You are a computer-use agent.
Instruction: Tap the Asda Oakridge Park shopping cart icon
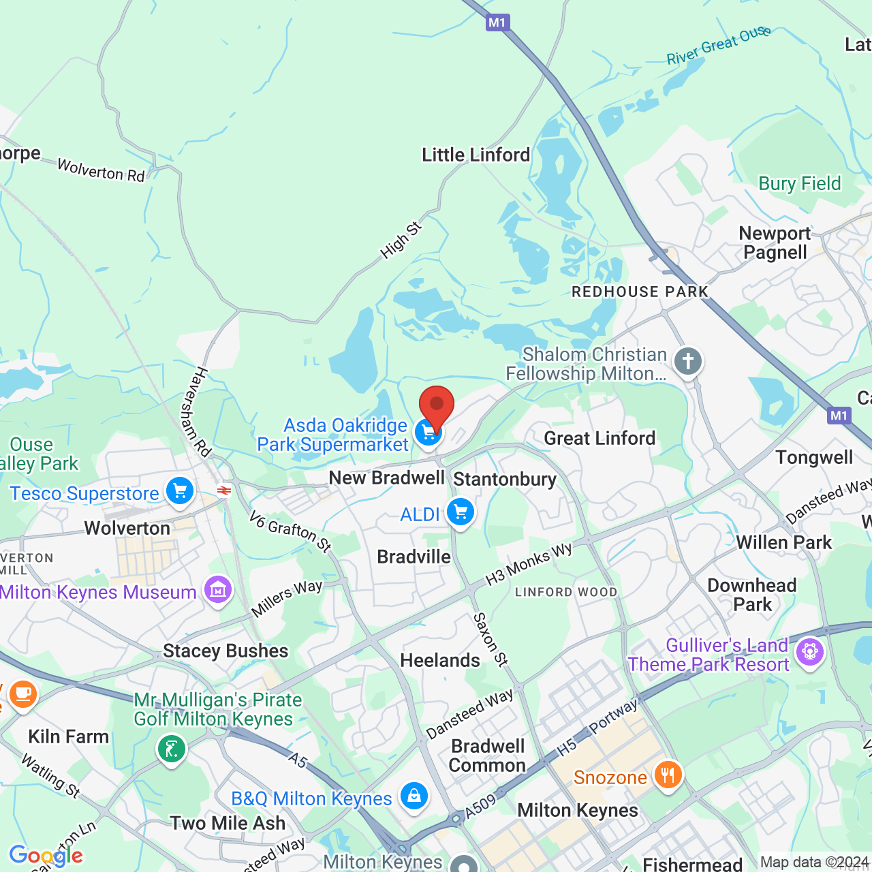pyautogui.click(x=428, y=433)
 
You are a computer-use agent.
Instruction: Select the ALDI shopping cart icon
pyautogui.click(x=461, y=512)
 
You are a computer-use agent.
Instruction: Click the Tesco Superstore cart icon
pyautogui.click(x=180, y=490)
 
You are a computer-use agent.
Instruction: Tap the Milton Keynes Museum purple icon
pyautogui.click(x=218, y=590)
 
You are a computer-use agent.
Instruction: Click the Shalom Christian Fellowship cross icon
pyautogui.click(x=688, y=361)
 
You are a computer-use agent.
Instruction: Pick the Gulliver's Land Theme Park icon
pyautogui.click(x=809, y=652)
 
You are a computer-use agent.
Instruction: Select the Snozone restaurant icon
pyautogui.click(x=668, y=775)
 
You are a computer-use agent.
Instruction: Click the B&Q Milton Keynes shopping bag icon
pyautogui.click(x=414, y=796)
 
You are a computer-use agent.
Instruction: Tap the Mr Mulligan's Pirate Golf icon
pyautogui.click(x=171, y=749)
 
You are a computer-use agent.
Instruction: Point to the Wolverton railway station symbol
pyautogui.click(x=223, y=490)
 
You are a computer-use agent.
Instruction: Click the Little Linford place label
pyautogui.click(x=476, y=155)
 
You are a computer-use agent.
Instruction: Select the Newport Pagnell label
pyautogui.click(x=775, y=243)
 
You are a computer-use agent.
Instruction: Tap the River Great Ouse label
pyautogui.click(x=718, y=46)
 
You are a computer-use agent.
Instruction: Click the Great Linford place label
pyautogui.click(x=599, y=438)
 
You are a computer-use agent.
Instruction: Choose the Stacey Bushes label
pyautogui.click(x=225, y=651)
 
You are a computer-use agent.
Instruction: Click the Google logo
pyautogui.click(x=46, y=856)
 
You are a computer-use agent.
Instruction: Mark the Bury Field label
pyautogui.click(x=800, y=184)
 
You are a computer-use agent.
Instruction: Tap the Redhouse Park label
pyautogui.click(x=640, y=292)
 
